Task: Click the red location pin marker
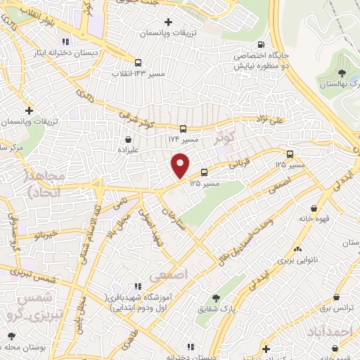tap(181, 165)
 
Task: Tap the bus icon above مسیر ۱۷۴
tap(183, 129)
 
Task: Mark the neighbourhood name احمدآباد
tap(328, 330)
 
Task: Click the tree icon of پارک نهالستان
tap(341, 72)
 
